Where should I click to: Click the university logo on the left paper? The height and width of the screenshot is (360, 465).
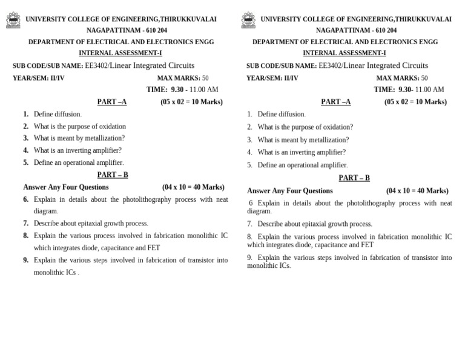coord(13,20)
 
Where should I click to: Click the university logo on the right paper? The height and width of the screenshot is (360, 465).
coord(248,20)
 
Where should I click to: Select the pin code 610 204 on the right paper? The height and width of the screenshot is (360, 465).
coord(386,30)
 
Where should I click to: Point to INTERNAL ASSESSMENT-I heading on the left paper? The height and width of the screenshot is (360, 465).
coord(120,53)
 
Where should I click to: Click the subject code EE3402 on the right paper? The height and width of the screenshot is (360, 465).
coord(329,66)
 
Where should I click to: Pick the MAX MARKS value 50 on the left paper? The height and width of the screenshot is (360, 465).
coord(205,78)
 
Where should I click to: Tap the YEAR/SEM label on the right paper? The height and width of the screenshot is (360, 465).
coord(263,78)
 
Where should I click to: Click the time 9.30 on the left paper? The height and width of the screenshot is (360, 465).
coord(177,90)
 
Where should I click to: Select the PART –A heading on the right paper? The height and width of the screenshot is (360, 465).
coord(335,102)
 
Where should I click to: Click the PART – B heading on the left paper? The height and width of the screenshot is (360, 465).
coord(113,175)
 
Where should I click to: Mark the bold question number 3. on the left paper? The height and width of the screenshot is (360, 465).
coord(26,138)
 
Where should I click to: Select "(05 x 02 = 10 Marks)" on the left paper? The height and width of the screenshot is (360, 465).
coord(191,102)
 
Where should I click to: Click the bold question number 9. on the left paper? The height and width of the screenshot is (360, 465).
coord(26,260)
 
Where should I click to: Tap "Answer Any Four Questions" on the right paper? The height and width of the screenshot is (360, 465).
coord(290,191)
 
